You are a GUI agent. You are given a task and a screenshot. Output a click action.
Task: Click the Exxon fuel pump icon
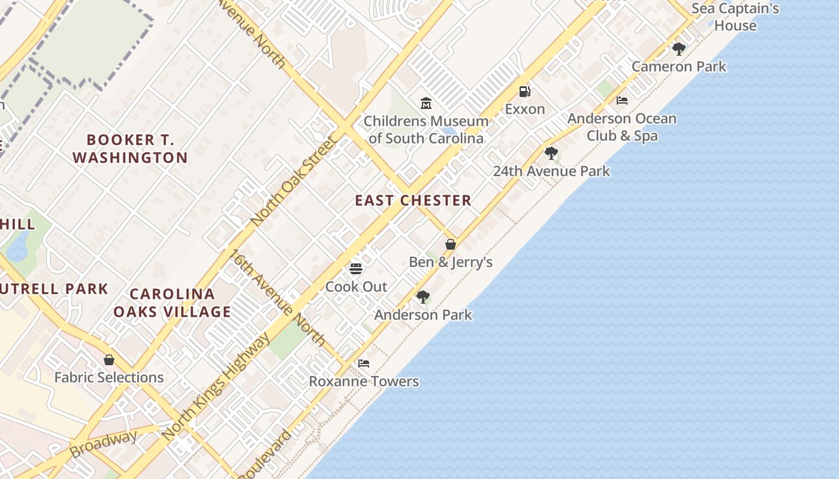(x=524, y=92)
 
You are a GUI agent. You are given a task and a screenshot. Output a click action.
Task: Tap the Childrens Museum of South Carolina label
(x=426, y=130)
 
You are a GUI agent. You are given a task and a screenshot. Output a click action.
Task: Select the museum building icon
(x=426, y=103)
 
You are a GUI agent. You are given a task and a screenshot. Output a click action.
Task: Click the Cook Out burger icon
(x=356, y=268)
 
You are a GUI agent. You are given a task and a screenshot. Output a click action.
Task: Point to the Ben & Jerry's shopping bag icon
(x=451, y=244)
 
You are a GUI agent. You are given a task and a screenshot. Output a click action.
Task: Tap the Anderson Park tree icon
(x=423, y=296)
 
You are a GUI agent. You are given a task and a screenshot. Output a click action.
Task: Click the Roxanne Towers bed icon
(x=364, y=363)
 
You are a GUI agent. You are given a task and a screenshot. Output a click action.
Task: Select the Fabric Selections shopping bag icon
(x=109, y=360)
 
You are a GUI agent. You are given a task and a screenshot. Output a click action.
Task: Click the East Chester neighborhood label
(x=413, y=201)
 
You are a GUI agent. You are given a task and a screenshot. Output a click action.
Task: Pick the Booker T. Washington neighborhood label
(x=130, y=148)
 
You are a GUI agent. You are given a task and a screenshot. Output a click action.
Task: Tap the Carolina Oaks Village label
(x=172, y=303)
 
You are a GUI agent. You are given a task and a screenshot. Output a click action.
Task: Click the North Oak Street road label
(x=294, y=181)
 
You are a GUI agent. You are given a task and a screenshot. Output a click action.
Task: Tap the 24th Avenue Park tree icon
(x=551, y=153)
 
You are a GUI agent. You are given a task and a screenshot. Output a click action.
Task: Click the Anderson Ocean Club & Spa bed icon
(x=622, y=100)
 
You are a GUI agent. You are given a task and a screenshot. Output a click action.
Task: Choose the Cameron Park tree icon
(x=678, y=48)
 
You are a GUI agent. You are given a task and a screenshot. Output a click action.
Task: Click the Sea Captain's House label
(x=735, y=17)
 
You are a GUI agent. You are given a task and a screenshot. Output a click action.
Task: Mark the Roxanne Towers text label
(x=364, y=381)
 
